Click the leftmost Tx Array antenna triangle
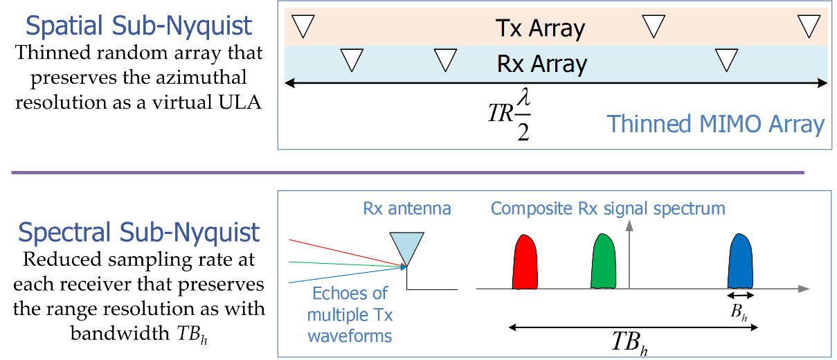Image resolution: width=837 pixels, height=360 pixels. point(303,26)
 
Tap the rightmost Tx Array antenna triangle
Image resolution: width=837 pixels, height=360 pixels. point(809,26)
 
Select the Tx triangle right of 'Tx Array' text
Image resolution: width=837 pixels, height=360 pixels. point(654,26)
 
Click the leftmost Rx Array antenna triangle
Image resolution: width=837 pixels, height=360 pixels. point(352,60)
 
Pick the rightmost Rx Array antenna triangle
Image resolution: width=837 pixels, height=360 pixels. point(726,60)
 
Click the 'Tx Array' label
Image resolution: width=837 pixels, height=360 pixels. point(540,28)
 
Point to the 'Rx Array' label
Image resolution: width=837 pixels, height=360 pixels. point(541,64)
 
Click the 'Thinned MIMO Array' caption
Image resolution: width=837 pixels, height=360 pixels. point(716,124)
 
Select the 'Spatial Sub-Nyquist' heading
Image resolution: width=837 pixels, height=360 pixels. point(138,26)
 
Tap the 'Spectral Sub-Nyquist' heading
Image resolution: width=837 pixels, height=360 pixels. point(138,233)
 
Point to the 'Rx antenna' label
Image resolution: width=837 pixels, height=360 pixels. point(407,208)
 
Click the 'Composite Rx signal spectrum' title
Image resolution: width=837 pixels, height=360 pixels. point(608,208)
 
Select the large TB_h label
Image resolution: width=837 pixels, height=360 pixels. point(630,342)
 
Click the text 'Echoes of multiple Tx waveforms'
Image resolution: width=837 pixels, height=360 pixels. point(350,314)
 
